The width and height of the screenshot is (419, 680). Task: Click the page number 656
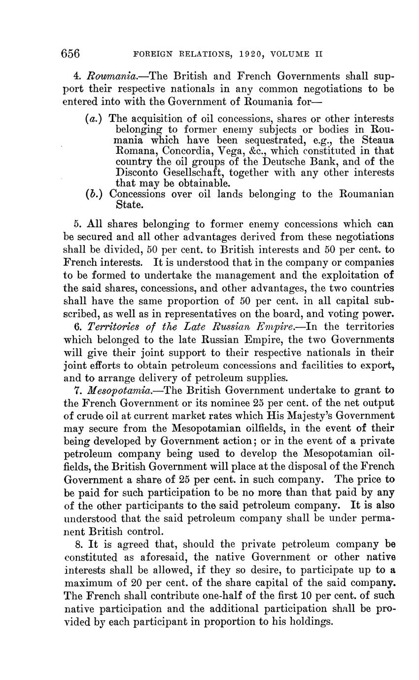[x=71, y=53]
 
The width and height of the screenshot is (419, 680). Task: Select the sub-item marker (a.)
[x=94, y=119]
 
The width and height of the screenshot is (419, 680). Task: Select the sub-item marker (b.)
[x=94, y=194]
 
